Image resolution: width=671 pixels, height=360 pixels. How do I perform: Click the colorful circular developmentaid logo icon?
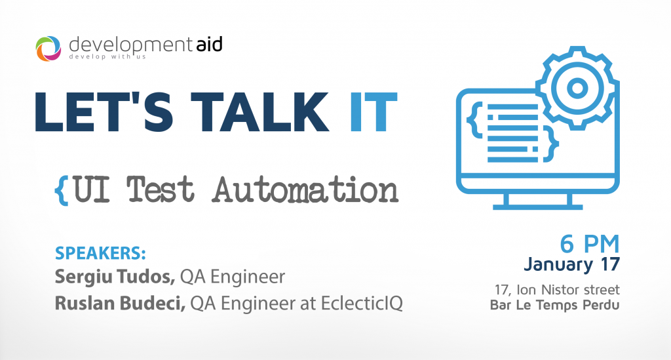(48, 49)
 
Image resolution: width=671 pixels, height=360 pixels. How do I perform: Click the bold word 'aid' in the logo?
(210, 45)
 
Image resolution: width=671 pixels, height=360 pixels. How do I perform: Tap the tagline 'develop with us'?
(107, 56)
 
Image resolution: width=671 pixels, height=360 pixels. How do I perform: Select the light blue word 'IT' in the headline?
(374, 111)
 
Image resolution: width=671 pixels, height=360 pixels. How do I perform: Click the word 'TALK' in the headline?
(259, 111)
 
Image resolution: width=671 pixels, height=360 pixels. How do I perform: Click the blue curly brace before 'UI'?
(62, 190)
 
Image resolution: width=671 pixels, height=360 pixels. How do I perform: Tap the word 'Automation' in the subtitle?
(306, 190)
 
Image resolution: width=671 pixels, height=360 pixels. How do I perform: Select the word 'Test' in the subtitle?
(161, 190)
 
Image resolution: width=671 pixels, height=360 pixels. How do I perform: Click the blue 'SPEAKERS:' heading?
(100, 253)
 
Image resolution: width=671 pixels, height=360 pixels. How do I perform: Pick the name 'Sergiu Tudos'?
(115, 277)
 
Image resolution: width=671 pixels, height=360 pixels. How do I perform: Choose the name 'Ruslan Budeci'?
(121, 303)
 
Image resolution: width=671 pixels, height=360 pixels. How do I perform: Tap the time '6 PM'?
(590, 245)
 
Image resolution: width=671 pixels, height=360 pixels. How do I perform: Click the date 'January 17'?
(571, 264)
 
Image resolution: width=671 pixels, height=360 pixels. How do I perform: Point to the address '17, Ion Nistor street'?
(557, 290)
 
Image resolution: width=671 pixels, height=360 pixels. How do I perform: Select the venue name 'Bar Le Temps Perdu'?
(554, 305)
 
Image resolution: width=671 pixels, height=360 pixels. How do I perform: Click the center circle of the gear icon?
(577, 88)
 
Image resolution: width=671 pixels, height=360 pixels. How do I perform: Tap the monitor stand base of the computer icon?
(538, 207)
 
